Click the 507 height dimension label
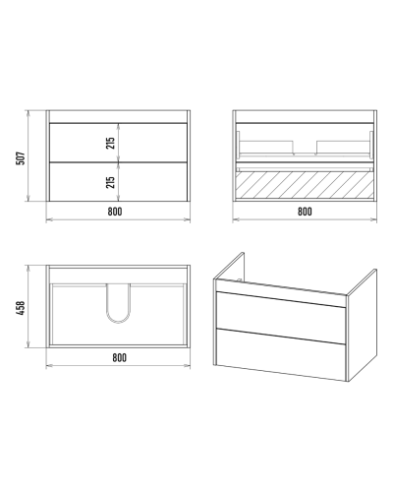tap(21, 158)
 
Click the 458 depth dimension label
tap(21, 308)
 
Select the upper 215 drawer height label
tap(111, 143)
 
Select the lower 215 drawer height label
tap(111, 182)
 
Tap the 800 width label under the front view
tap(115, 212)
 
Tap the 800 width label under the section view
tap(305, 212)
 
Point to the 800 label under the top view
tap(119, 357)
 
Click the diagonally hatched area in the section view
tap(305, 185)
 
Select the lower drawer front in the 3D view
tap(281, 353)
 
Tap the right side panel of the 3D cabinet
tap(362, 325)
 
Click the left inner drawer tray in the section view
tap(267, 147)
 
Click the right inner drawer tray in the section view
tap(343, 147)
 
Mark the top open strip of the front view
tap(118, 116)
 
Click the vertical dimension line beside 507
tap(28, 155)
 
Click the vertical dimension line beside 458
tap(28, 306)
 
